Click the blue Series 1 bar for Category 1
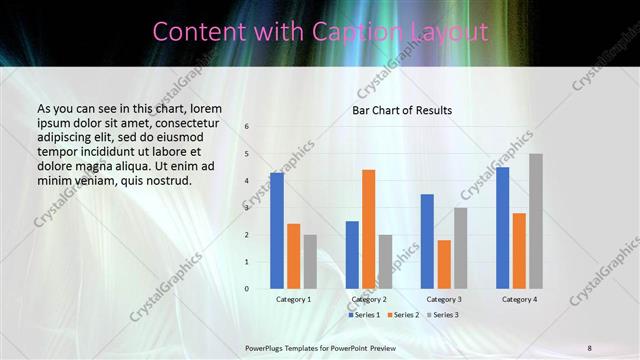277,231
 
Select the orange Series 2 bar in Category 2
368,229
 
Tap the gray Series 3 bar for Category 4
536,221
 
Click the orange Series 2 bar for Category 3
444,264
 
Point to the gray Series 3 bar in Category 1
310,262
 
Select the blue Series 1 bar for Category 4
502,228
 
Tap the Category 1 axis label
293,299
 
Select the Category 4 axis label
519,299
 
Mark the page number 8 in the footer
590,348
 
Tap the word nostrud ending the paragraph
165,180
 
